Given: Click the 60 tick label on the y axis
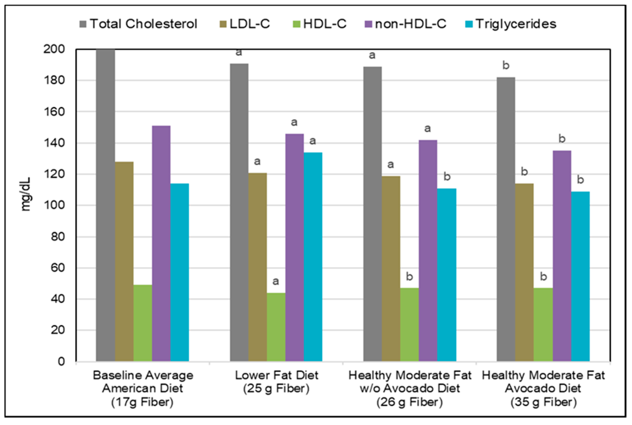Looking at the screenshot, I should point(57,268).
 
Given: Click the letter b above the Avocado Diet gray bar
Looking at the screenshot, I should point(506,65).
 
